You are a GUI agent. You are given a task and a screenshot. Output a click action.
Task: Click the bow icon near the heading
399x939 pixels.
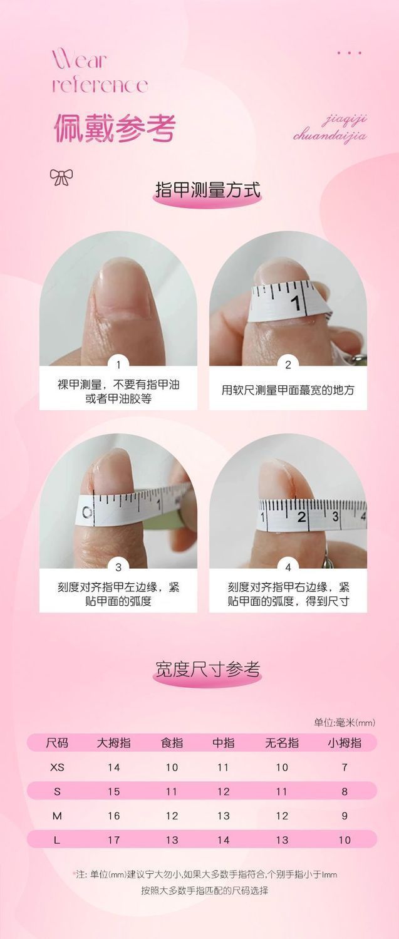pos(61,177)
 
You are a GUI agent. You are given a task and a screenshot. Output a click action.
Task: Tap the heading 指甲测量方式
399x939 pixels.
pos(208,189)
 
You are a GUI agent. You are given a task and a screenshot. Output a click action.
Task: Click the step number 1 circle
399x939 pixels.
pos(118,365)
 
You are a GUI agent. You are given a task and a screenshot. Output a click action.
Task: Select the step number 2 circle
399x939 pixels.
pos(288,365)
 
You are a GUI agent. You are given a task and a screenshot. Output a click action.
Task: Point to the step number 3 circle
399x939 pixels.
pos(118,567)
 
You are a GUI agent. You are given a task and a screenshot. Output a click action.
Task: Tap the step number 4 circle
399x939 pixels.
pos(288,567)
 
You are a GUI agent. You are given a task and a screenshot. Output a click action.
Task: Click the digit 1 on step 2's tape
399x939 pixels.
pos(296,303)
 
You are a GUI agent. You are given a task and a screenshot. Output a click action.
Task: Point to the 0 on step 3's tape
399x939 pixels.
pos(87,512)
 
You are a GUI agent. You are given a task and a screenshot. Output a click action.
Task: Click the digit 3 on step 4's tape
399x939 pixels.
pos(335,516)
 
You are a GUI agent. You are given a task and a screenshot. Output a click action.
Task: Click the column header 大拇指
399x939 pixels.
pos(113,743)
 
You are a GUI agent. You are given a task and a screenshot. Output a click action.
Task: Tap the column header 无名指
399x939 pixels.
pos(282,743)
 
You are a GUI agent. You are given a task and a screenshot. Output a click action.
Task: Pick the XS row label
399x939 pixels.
pos(57,767)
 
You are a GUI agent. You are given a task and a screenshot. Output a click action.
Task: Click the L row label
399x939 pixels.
pos(57,840)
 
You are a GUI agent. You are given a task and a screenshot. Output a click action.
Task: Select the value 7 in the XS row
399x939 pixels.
pos(345,767)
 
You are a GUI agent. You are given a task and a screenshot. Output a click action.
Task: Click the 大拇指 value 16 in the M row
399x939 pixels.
pos(113,816)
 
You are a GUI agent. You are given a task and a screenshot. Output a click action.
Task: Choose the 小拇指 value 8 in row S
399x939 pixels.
pos(345,791)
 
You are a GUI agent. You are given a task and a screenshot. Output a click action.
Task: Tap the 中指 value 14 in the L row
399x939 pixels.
pos(223,840)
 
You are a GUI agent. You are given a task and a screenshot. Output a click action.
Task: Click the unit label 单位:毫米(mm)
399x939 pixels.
pos(345,722)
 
